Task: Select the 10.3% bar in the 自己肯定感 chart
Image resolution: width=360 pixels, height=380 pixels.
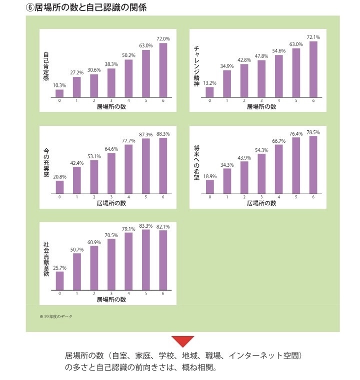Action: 59,93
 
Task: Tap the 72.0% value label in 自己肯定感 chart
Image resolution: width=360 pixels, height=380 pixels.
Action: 163,38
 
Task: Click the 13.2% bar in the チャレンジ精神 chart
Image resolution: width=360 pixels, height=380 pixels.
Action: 210,92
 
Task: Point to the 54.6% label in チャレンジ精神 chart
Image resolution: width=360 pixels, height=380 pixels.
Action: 278,50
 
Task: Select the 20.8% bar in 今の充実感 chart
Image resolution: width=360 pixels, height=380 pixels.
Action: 59,187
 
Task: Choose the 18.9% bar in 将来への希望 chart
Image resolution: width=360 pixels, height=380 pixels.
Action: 210,186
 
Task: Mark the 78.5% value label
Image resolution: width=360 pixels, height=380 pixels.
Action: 313,132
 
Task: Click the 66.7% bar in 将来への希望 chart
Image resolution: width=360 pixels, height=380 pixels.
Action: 278,169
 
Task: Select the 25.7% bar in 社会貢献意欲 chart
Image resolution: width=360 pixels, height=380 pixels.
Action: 59,281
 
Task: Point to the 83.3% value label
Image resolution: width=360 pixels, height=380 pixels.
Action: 146,226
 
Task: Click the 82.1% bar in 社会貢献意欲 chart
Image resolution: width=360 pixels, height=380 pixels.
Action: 163,260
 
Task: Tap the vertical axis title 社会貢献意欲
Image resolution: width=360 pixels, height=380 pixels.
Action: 46,258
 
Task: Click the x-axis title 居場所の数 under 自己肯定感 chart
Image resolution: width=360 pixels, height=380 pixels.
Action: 111,107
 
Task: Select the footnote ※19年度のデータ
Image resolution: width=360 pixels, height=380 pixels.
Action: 56,317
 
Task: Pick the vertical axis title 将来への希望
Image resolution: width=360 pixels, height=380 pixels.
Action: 196,162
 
